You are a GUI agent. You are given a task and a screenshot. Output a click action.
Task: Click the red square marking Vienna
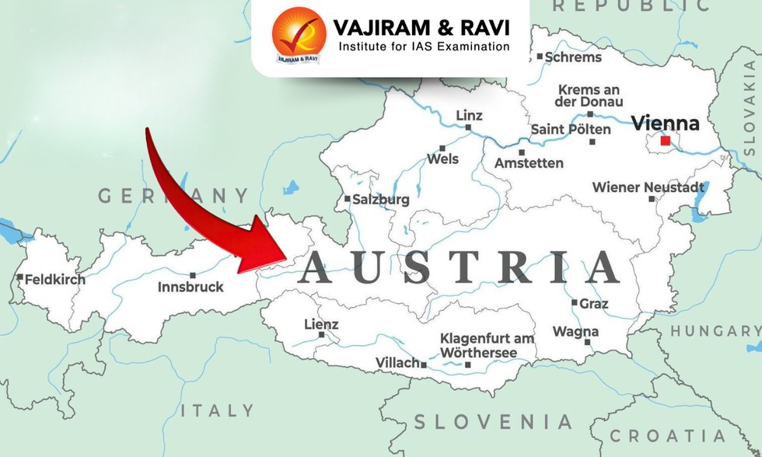(665, 141)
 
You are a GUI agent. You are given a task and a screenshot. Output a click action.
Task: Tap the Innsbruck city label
(190, 287)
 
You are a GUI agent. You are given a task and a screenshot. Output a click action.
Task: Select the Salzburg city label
(380, 199)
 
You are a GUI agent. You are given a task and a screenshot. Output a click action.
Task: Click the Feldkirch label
(54, 279)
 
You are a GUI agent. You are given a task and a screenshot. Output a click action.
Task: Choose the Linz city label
(469, 116)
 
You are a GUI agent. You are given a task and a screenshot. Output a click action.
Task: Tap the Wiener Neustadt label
(648, 187)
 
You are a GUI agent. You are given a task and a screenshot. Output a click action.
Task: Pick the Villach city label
(397, 363)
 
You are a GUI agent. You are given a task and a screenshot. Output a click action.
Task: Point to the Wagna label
(575, 332)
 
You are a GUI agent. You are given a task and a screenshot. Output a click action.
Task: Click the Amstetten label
(530, 163)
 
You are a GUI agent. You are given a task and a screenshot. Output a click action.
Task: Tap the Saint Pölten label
(571, 129)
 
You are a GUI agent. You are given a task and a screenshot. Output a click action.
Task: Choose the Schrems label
(573, 57)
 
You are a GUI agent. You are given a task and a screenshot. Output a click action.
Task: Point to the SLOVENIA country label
(493, 422)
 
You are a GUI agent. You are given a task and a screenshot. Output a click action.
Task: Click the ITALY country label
(217, 410)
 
